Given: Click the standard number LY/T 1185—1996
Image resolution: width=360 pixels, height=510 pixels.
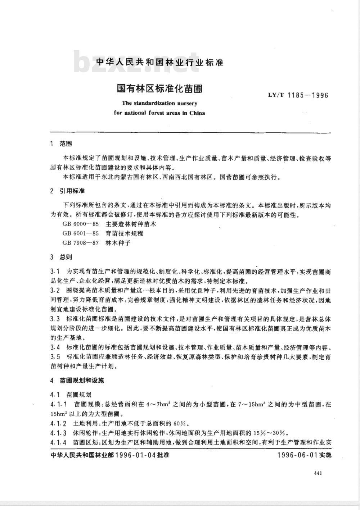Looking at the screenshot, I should (x=298, y=96).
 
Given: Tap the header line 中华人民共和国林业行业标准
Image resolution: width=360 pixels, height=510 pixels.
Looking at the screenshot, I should (x=160, y=63).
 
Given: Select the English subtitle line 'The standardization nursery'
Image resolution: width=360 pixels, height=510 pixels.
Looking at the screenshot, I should (x=159, y=103).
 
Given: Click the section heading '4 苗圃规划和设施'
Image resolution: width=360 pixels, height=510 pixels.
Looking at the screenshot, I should (x=77, y=381).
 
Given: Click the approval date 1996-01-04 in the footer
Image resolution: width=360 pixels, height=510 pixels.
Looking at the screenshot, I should (x=135, y=455).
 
